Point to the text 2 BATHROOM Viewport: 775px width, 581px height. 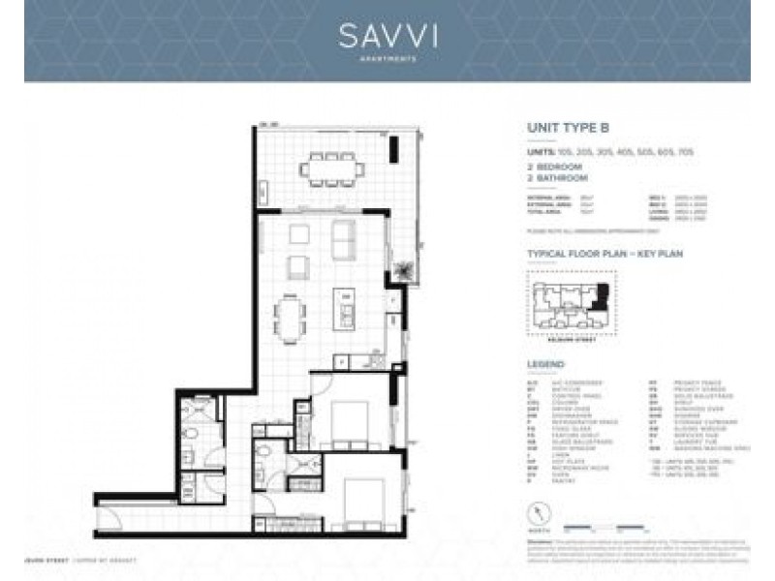point(558,178)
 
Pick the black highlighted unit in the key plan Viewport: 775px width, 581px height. point(603,293)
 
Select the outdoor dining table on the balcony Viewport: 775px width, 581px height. point(332,169)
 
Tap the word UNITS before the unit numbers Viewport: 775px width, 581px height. point(540,152)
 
